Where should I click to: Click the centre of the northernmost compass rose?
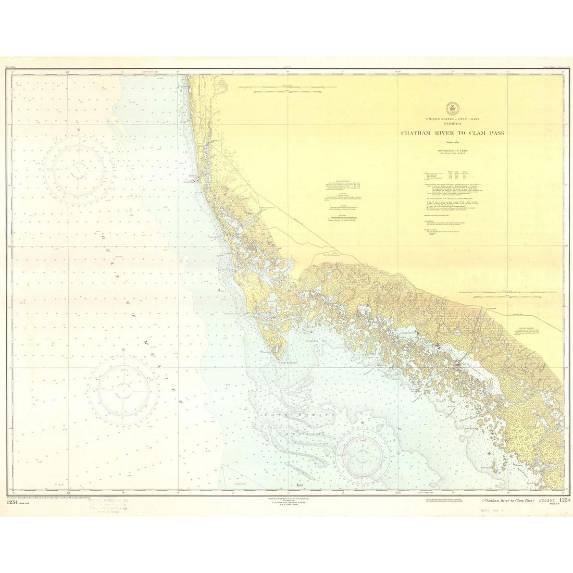79,167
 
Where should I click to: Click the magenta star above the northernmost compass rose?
79,129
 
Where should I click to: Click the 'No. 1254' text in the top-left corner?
11,68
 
